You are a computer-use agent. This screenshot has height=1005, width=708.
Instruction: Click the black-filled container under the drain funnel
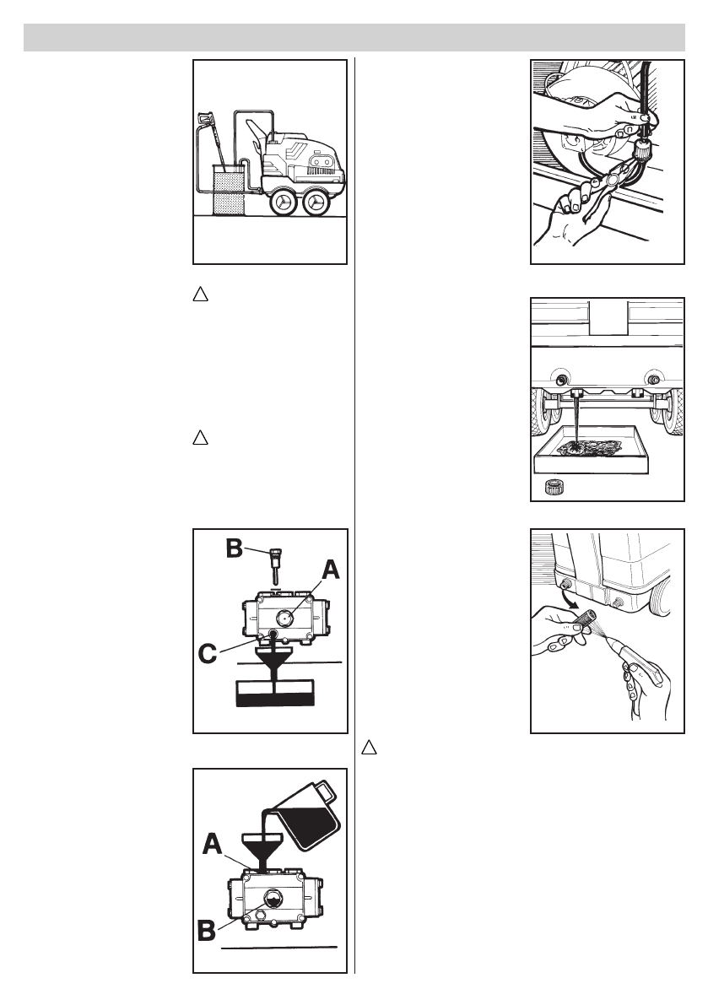pyautogui.click(x=277, y=696)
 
